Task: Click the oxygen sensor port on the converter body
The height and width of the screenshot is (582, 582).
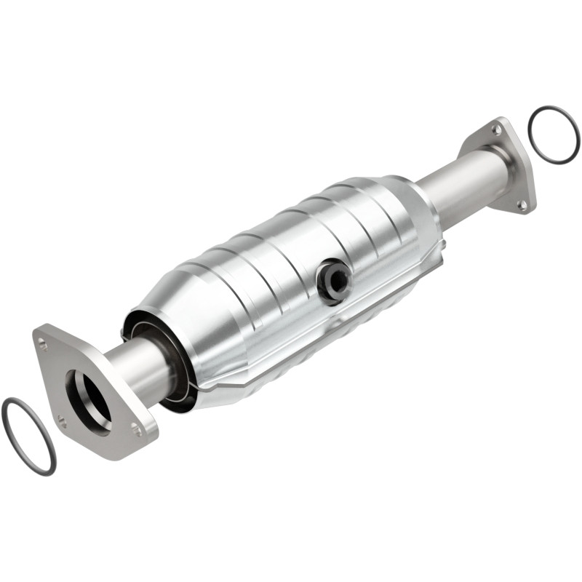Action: pos(334,279)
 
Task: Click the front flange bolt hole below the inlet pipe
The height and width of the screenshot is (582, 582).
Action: pos(137,429)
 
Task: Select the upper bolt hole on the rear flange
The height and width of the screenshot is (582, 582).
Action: pos(495,129)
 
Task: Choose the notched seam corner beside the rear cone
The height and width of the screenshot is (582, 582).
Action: pos(436,255)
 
